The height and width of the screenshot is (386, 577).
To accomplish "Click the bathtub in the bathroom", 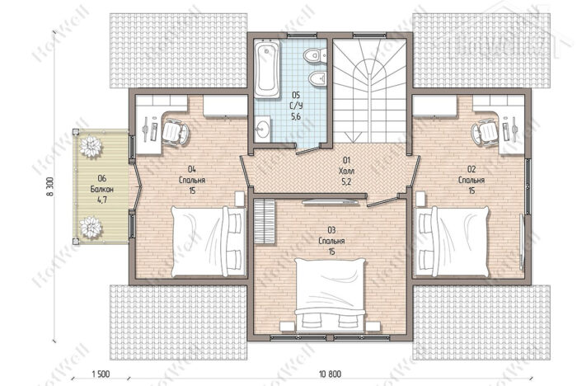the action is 267,69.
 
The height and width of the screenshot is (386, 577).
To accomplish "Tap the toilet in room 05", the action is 315,55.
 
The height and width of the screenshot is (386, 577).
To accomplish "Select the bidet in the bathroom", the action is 317,78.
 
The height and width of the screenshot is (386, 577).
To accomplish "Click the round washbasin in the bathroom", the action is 262,129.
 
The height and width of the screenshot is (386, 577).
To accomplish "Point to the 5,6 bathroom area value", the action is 296,117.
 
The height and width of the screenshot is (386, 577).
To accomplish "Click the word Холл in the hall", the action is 346,171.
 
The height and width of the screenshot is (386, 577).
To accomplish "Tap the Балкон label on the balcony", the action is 102,190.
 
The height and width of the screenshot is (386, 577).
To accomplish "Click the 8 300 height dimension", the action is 50,187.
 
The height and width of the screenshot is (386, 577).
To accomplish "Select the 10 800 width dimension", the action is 330,374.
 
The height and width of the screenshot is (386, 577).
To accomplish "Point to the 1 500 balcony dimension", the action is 101,374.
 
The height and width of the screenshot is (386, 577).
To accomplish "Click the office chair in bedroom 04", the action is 175,131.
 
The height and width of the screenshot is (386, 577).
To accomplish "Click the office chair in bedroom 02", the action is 485,131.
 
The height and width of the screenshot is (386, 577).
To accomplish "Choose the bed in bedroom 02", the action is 452,242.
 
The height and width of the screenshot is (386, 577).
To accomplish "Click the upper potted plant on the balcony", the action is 90,147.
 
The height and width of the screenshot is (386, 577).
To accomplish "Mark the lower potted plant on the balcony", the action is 90,227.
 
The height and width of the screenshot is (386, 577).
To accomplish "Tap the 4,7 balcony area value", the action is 102,200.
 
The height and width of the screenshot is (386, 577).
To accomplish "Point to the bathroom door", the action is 308,150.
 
